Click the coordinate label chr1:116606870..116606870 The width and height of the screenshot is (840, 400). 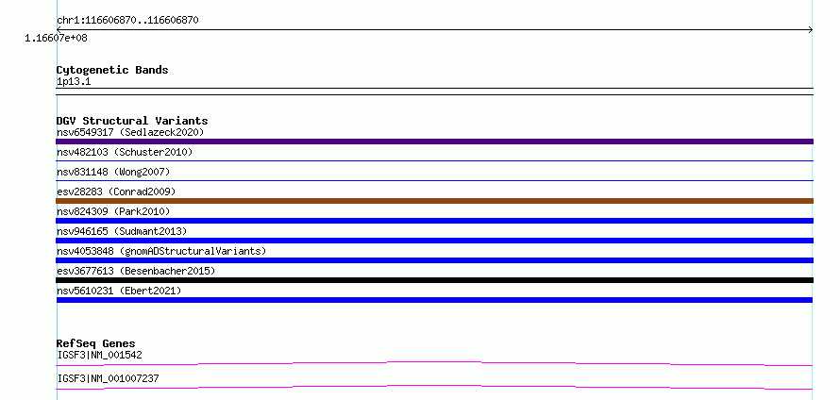click(128, 21)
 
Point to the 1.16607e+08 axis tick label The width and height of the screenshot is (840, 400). click(57, 38)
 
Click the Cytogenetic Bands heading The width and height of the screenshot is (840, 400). click(112, 70)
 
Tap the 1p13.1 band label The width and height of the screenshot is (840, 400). click(74, 82)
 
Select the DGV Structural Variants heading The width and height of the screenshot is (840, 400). click(132, 121)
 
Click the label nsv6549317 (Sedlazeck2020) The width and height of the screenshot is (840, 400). click(130, 132)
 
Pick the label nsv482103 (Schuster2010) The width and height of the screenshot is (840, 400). click(125, 152)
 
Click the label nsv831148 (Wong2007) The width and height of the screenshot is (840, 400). click(113, 172)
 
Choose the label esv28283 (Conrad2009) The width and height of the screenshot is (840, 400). click(116, 192)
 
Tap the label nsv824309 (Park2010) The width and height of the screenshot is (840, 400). click(113, 211)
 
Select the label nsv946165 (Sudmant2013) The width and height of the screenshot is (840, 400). click(122, 231)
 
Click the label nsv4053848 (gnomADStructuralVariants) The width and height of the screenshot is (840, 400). click(161, 251)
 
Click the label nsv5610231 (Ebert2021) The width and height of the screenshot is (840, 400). click(119, 291)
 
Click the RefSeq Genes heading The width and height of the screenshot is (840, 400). click(96, 343)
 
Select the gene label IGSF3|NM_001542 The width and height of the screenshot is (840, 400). click(100, 355)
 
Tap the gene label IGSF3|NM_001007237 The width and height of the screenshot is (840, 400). click(108, 378)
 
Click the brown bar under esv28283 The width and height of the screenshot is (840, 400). click(434, 201)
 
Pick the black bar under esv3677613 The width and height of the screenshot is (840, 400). click(434, 280)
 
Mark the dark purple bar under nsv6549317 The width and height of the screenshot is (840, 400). click(434, 142)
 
